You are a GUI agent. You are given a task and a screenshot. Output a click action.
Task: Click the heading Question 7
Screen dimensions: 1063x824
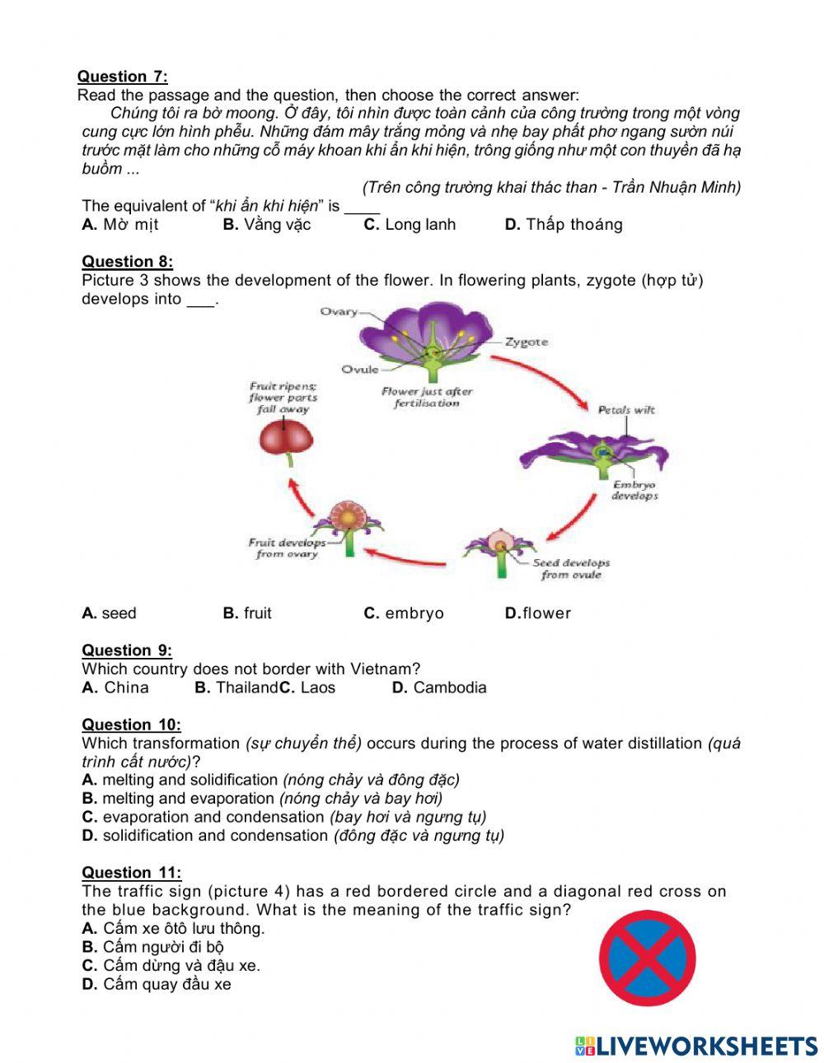click(122, 77)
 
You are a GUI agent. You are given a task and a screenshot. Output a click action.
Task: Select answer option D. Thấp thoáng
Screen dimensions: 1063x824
click(564, 224)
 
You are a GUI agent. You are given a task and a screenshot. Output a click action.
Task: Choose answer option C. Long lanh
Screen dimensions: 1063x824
click(410, 224)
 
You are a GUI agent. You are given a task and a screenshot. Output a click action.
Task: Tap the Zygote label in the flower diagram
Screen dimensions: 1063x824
click(526, 342)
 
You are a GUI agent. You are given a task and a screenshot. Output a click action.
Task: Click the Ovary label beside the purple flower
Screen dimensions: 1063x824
click(339, 311)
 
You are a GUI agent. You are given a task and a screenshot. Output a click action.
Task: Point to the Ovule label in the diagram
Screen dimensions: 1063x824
click(360, 369)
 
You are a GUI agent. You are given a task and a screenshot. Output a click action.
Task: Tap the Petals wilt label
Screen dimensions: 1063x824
click(626, 409)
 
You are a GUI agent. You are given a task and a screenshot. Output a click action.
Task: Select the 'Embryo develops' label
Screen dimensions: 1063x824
click(634, 491)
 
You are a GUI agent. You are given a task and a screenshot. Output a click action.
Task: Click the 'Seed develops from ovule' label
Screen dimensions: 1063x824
click(571, 569)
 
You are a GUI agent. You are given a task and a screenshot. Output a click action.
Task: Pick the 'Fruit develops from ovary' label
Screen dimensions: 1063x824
click(287, 548)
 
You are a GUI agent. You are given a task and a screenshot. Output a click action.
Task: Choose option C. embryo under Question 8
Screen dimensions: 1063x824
click(404, 613)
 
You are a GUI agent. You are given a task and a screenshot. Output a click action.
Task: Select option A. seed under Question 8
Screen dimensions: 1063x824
click(110, 613)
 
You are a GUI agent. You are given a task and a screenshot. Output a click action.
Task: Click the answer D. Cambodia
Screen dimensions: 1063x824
click(439, 688)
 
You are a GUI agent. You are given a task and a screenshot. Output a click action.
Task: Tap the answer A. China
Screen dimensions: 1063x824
click(115, 688)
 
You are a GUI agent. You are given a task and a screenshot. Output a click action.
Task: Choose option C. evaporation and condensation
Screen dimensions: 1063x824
click(284, 817)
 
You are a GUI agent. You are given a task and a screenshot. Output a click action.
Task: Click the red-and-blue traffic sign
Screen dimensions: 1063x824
click(647, 958)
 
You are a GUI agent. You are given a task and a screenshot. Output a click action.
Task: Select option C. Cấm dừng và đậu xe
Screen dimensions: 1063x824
click(171, 965)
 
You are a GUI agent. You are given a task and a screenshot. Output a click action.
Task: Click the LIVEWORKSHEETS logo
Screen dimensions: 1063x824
click(696, 1046)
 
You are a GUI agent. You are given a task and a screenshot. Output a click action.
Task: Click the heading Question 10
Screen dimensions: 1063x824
click(131, 725)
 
